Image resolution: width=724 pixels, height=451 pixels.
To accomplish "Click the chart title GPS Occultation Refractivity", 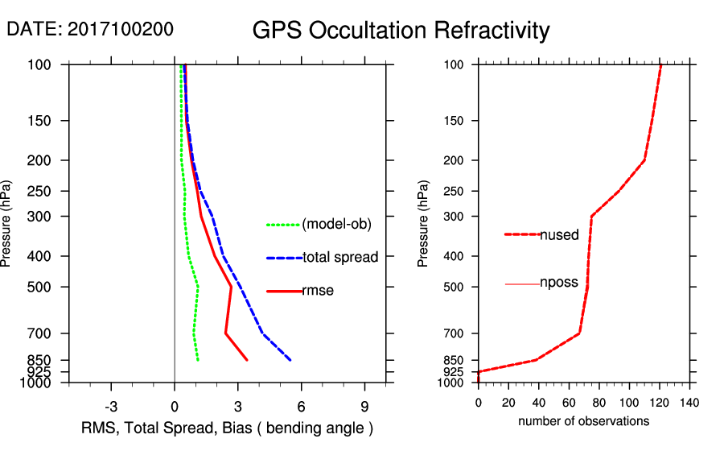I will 401,31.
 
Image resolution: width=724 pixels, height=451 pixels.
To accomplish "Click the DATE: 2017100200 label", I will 89,30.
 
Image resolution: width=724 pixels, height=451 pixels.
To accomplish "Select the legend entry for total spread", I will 340,258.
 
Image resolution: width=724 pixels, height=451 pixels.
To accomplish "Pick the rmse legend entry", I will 318,291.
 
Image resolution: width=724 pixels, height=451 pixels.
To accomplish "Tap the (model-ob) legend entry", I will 337,225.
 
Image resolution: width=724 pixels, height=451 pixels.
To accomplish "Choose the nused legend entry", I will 559,235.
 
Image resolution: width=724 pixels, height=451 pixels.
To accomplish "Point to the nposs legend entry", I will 559,283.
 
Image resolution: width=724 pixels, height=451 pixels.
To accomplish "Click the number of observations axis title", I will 583,421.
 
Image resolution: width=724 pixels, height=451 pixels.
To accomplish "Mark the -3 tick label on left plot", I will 111,406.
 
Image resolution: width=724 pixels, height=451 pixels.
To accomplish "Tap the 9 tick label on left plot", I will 364,406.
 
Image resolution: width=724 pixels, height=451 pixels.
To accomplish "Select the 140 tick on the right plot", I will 689,402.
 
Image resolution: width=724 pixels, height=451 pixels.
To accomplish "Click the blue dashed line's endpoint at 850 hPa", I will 290,360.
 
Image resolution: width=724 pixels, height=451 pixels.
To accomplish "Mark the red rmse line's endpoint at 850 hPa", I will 247,360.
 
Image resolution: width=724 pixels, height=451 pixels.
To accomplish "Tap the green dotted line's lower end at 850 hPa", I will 198,360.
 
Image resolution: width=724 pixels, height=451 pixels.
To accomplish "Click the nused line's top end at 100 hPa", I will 661,64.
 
